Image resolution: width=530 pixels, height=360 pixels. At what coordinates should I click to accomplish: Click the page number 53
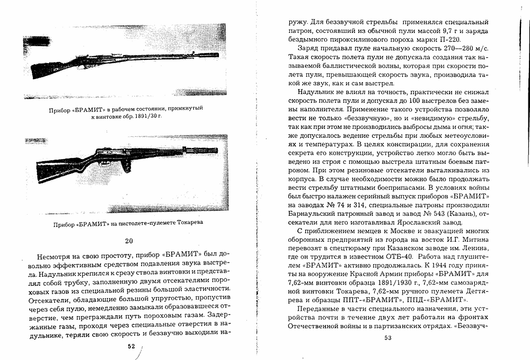(x=388, y=338)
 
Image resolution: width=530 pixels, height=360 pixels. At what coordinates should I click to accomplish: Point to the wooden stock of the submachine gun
(x=56, y=169)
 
